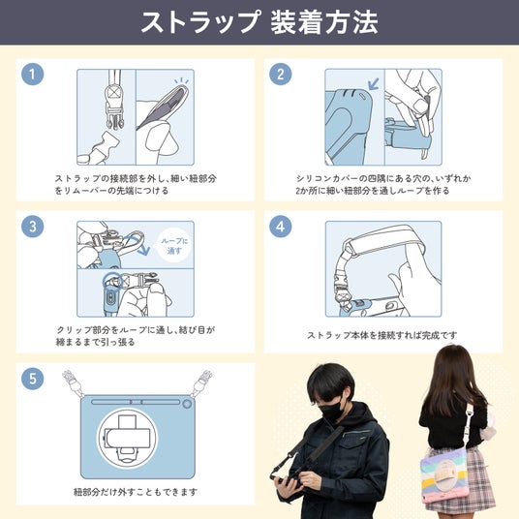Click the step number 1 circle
33,75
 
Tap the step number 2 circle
281,75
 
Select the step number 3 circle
33,227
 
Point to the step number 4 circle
281,227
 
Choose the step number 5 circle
33,379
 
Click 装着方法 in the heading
324,22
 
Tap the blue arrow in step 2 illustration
374,84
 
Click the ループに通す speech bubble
174,246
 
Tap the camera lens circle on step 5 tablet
187,404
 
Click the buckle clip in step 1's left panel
114,107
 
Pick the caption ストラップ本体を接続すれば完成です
382,335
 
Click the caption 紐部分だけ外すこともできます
136,492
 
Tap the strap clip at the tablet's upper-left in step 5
72,383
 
